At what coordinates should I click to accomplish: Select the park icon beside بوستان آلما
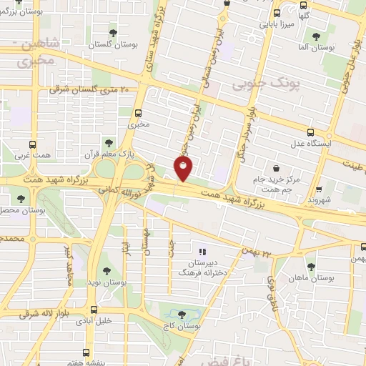(316, 36)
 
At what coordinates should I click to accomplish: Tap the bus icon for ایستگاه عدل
(310, 132)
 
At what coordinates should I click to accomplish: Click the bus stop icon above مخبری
(139, 112)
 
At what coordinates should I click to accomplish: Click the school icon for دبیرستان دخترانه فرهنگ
(202, 252)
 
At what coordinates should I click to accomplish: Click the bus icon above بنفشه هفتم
(86, 352)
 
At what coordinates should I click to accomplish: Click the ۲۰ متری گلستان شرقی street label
(89, 90)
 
